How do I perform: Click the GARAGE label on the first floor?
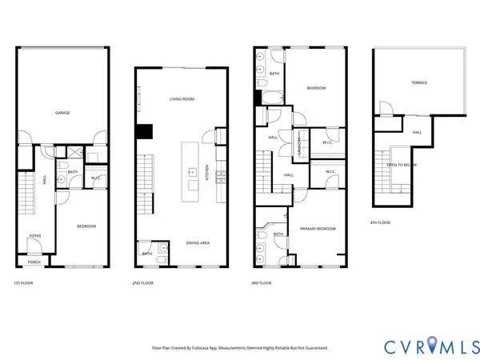tap(62, 113)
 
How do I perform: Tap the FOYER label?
tap(35, 236)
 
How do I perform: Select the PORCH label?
tap(34, 262)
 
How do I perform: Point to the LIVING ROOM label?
tap(182, 99)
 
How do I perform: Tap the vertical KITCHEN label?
tap(208, 173)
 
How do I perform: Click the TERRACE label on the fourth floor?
tap(419, 82)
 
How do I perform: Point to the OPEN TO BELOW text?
tap(402, 165)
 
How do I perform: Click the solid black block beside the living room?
tap(144, 132)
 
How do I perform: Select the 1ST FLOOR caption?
tap(24, 283)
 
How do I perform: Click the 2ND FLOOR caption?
tap(144, 283)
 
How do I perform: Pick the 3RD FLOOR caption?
tap(261, 283)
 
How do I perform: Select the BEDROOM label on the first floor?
tap(86, 226)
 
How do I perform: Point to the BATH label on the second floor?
tap(147, 254)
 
